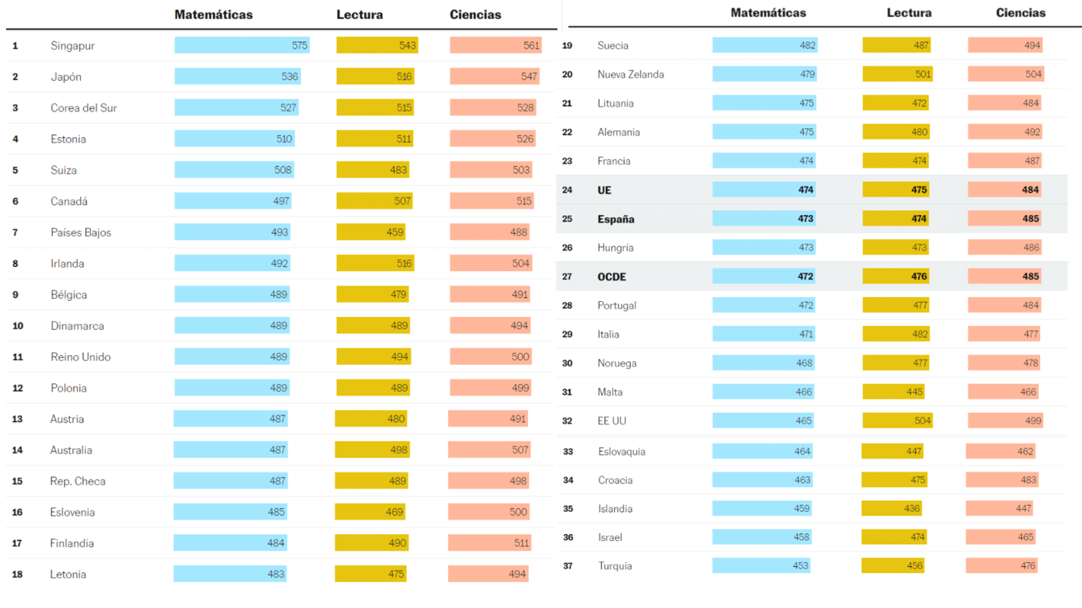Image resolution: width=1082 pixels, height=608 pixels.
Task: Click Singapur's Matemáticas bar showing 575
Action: click(242, 45)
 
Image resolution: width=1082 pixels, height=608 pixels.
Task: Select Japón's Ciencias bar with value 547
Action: click(494, 77)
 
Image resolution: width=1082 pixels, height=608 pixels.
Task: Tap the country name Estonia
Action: click(68, 139)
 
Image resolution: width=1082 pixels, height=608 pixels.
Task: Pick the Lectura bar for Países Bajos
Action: click(370, 232)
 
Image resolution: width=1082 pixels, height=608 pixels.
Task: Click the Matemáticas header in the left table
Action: click(213, 14)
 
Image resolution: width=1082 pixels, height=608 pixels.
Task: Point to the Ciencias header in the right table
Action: click(1020, 12)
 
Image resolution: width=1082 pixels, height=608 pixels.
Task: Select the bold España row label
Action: click(616, 219)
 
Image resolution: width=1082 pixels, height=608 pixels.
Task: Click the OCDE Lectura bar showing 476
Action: click(896, 277)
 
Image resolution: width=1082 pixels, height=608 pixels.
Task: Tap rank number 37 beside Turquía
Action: click(568, 566)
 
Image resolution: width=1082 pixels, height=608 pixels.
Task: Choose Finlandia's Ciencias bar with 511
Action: click(490, 543)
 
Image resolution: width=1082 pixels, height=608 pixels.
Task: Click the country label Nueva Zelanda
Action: click(631, 74)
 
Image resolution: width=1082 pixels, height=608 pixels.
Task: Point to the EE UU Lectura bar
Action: click(897, 420)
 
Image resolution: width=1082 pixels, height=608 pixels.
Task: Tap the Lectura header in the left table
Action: click(360, 14)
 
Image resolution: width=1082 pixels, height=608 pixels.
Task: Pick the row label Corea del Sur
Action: click(84, 107)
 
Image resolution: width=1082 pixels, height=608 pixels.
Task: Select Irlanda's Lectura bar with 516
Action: click(375, 264)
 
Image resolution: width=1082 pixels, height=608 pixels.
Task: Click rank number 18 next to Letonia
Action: click(17, 574)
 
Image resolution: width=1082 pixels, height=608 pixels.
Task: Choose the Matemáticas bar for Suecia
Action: click(765, 45)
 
